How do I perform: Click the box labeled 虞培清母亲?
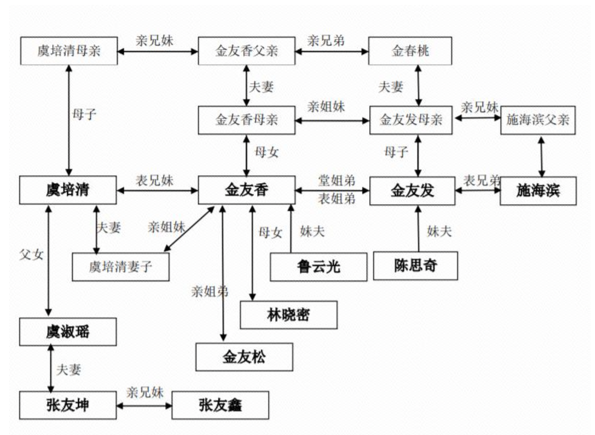click(x=69, y=51)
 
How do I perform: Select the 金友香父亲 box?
click(x=246, y=51)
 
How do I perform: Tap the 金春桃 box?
click(x=410, y=51)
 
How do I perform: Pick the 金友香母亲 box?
click(x=246, y=120)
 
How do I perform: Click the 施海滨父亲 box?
click(x=538, y=120)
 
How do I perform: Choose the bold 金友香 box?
click(x=246, y=190)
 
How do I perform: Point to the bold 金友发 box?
click(x=412, y=191)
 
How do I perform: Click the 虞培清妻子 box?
click(x=121, y=267)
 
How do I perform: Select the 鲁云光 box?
click(x=318, y=267)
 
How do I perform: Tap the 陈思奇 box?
click(x=415, y=266)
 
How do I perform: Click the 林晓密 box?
click(x=288, y=314)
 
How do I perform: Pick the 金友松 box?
click(x=244, y=357)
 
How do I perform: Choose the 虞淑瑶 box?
click(x=68, y=331)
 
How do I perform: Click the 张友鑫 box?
click(x=220, y=405)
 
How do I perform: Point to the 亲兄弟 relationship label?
click(x=326, y=41)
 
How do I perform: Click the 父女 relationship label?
click(x=31, y=255)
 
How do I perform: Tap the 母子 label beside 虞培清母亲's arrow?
click(x=84, y=114)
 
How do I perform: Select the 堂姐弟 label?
click(x=337, y=180)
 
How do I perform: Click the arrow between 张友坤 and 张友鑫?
click(x=144, y=405)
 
